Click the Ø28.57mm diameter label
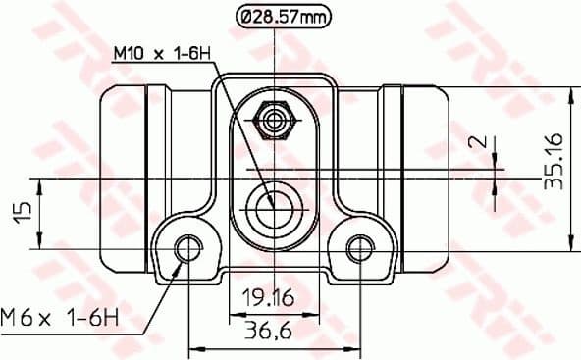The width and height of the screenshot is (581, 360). pos(284,17)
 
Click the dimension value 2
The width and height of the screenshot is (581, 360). pos(478,141)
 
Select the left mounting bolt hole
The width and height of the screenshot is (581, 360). pos(187,248)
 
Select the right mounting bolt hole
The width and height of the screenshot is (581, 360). pos(360,248)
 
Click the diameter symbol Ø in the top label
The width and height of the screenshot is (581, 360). pos(247,17)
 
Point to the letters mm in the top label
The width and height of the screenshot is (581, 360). pos(315,17)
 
